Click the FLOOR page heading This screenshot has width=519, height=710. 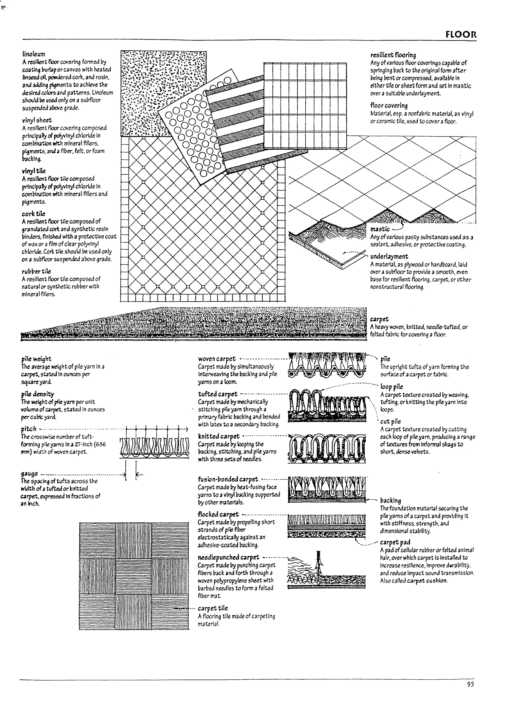click(460, 34)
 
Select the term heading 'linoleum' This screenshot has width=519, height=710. click(34, 54)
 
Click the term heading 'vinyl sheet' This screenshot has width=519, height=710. click(37, 120)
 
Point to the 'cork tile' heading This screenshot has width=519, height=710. click(34, 214)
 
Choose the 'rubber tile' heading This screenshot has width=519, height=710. click(36, 271)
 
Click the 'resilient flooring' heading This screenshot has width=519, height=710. click(393, 55)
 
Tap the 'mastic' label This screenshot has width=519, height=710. click(380, 229)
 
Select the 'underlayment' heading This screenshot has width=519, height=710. click(389, 256)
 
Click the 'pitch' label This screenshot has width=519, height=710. click(29, 429)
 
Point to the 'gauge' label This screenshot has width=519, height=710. click(30, 473)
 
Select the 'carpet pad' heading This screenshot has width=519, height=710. click(395, 542)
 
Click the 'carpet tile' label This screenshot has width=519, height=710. click(213, 608)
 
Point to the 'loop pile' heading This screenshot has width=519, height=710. click(392, 387)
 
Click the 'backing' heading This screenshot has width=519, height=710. click(391, 500)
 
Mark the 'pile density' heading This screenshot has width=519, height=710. click(38, 394)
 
